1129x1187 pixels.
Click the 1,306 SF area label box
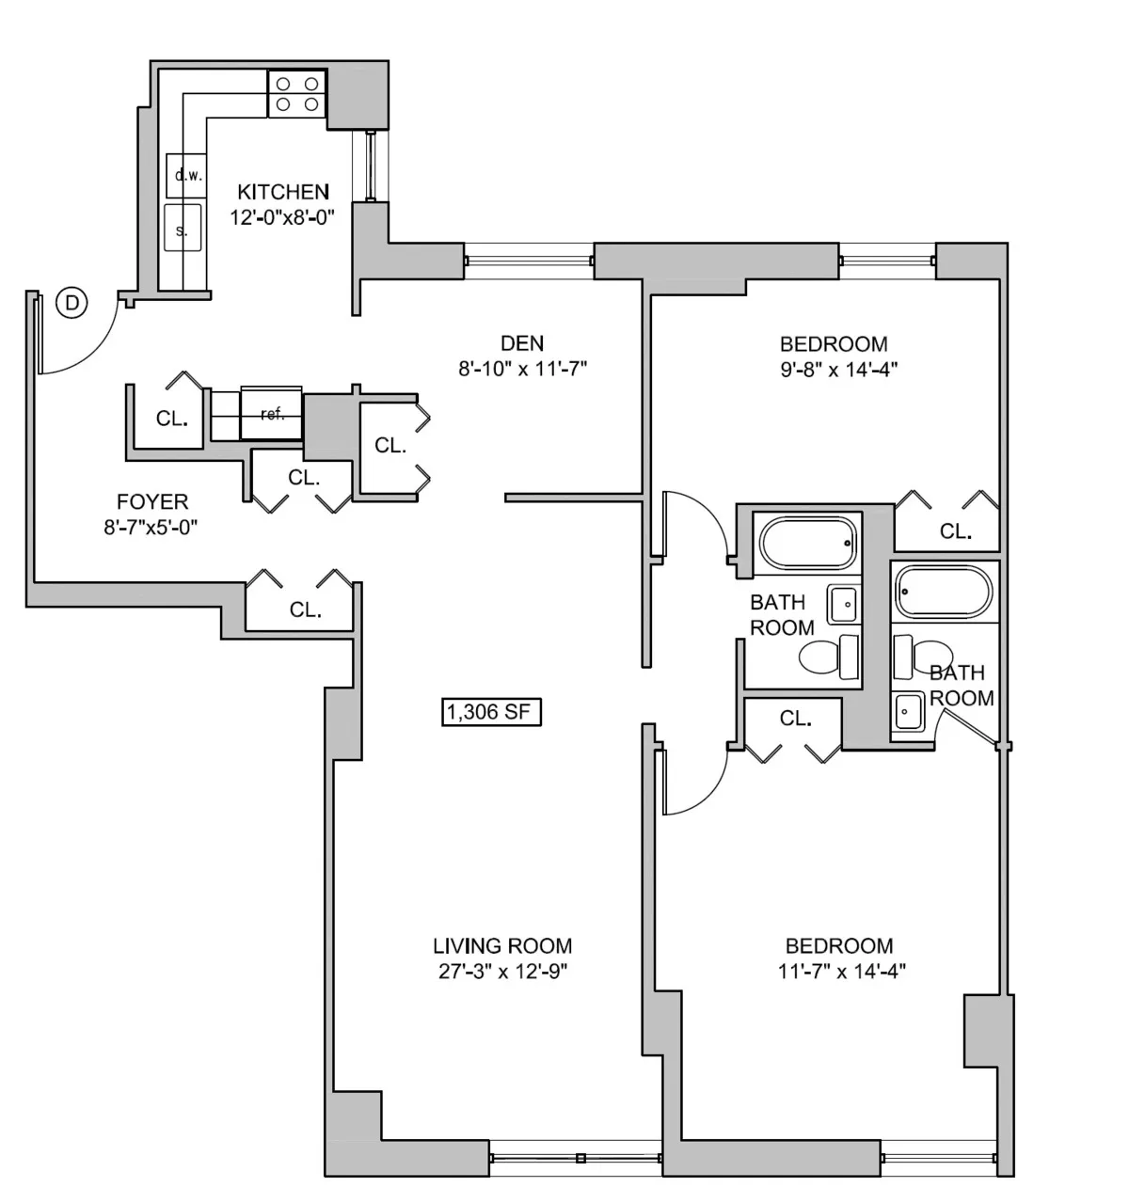pos(491,713)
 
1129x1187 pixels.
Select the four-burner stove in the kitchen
pos(297,94)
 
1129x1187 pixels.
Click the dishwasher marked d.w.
pos(184,175)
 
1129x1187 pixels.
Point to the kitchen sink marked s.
pos(183,228)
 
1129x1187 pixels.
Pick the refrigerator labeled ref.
pos(272,413)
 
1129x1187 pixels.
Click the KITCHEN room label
pos(283,192)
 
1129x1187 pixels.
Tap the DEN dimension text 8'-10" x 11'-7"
pos(522,370)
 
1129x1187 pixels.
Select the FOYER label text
pos(152,502)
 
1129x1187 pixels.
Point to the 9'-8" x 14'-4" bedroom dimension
pos(833,370)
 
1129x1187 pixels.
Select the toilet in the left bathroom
pos(828,656)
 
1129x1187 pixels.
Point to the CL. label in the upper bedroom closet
pos(955,531)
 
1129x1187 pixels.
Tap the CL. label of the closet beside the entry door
pos(171,419)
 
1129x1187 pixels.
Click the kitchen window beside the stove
pos(371,166)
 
